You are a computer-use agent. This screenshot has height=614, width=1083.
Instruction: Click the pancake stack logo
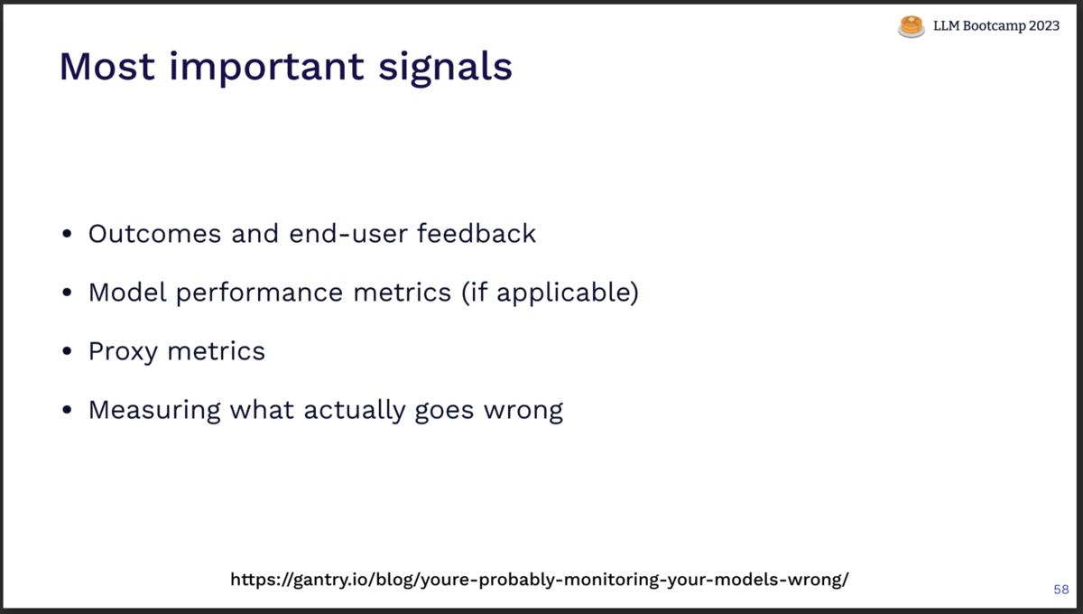coord(912,26)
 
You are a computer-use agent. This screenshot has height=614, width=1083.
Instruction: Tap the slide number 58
coord(1061,590)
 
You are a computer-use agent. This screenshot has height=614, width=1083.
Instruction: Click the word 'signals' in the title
coord(445,69)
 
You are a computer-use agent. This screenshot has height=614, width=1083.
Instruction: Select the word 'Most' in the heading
coord(106,66)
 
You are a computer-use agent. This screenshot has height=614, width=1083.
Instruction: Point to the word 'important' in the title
coord(266,69)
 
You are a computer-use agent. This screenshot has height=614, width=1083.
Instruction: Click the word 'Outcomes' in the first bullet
coord(154,234)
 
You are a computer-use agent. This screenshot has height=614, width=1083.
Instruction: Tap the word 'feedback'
coord(477,233)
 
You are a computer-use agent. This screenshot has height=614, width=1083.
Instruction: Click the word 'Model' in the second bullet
coord(127,293)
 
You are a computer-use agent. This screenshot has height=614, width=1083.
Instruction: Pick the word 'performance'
coord(259,293)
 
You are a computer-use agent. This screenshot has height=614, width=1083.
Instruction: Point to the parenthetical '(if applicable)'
coord(551,293)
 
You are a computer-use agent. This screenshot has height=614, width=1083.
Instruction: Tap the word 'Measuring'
coord(154,411)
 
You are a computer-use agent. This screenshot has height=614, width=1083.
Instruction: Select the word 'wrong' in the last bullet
coord(523,412)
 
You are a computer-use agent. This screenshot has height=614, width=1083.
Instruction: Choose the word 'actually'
coord(355,411)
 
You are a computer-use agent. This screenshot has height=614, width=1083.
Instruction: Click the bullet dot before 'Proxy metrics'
coord(67,351)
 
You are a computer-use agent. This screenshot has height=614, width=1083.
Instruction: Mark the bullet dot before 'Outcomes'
coord(67,234)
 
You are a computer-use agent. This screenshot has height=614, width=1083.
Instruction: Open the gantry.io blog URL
coord(540,580)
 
